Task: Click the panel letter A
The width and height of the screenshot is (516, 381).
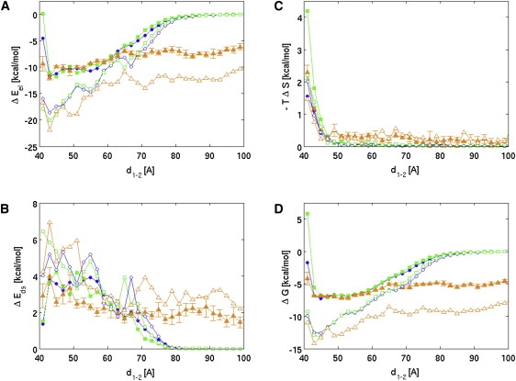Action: click(6, 7)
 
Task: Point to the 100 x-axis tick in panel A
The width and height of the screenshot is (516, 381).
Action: click(241, 157)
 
